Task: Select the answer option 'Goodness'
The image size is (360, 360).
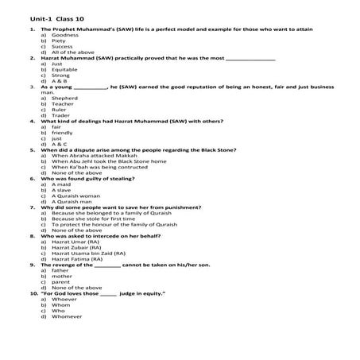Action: pyautogui.click(x=65, y=36)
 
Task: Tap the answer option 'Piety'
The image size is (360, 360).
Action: pyautogui.click(x=60, y=41)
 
